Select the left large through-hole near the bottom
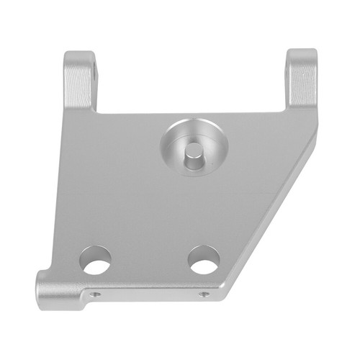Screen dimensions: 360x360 click(x=96, y=260)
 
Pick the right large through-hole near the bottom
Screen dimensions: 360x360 click(x=204, y=260)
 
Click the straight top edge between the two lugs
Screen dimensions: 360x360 click(x=191, y=112)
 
